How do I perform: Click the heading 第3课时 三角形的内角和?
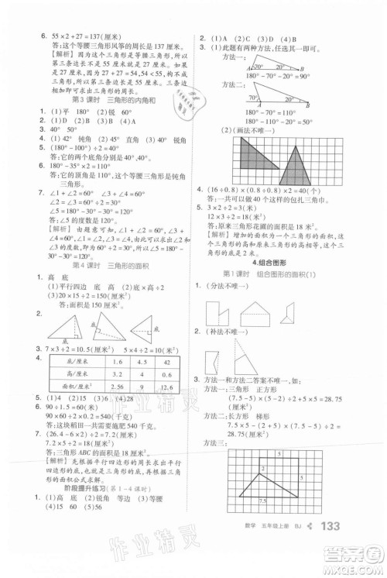[x=104, y=101]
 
